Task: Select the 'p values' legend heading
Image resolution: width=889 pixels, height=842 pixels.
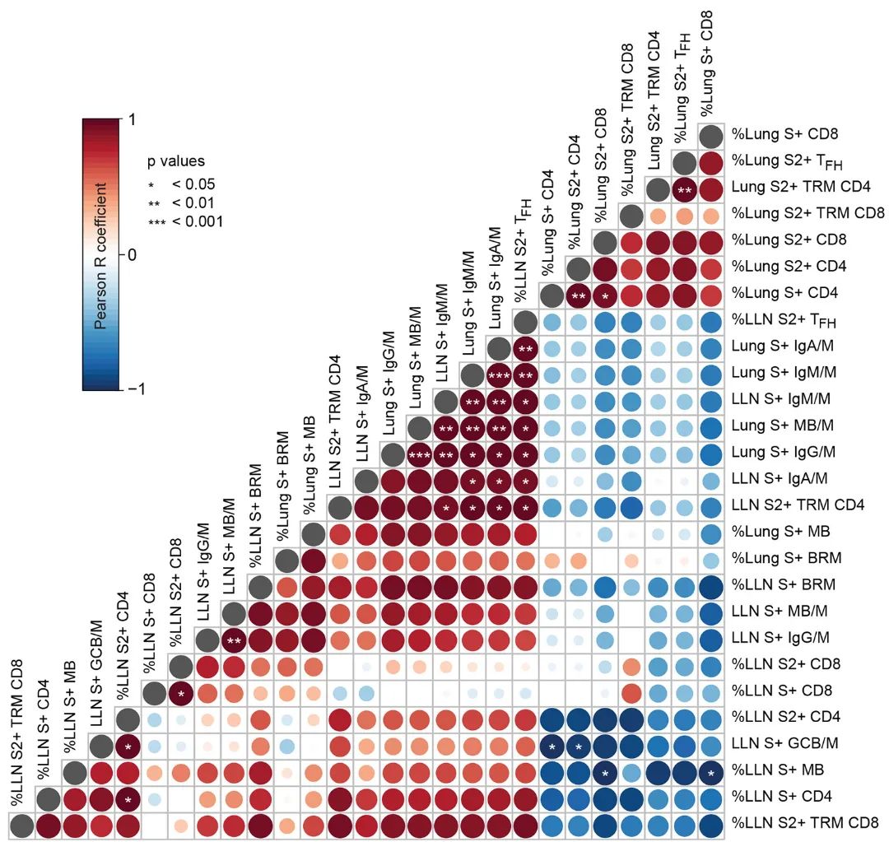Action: [176, 161]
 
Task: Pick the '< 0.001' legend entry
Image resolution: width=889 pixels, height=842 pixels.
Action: [198, 221]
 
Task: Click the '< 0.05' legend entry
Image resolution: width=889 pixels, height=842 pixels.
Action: [193, 184]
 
